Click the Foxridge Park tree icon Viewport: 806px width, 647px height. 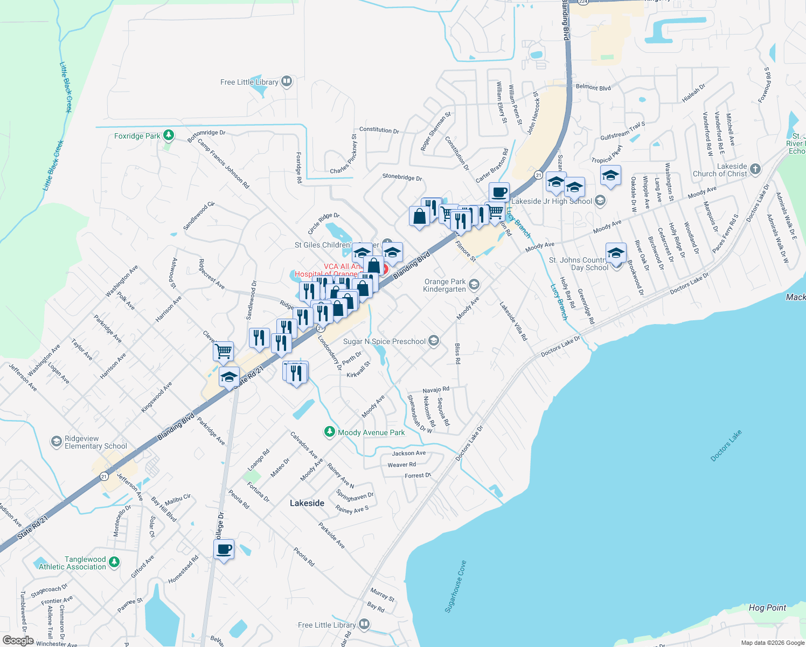(x=169, y=135)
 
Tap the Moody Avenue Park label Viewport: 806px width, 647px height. (x=371, y=432)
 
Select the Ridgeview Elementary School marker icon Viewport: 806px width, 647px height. (x=56, y=442)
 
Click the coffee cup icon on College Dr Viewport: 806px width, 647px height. (x=224, y=549)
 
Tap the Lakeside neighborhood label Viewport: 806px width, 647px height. (x=307, y=503)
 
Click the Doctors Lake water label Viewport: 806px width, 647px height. (x=726, y=446)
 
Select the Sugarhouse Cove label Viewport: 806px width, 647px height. (x=455, y=587)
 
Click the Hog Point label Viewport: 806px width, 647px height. (x=767, y=608)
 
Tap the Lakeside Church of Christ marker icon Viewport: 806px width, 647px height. (x=755, y=169)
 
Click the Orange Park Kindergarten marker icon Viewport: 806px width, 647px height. (x=474, y=284)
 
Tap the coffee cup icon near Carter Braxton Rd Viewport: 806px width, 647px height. (x=499, y=192)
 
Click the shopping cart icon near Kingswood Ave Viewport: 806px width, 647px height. (x=223, y=351)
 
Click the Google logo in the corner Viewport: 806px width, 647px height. (x=18, y=641)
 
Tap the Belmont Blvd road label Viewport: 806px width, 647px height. (x=593, y=87)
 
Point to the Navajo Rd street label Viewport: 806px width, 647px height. (x=436, y=389)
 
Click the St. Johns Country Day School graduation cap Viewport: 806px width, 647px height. (x=615, y=253)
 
